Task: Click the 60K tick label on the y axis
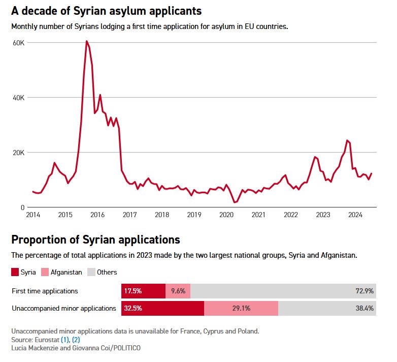19,43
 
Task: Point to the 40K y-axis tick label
19,98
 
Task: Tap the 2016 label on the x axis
97,215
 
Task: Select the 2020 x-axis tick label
226,215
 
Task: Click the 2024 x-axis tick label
355,215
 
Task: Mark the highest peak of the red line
86,41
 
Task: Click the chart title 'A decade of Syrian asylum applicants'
106,10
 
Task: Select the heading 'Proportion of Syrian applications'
95,239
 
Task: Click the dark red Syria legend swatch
15,273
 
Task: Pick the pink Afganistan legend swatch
46,273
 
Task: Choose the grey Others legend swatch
91,273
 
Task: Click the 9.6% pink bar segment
179,291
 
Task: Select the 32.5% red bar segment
162,309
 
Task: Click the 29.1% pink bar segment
241,309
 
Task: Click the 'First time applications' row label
45,291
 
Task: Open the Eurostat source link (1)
65,339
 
